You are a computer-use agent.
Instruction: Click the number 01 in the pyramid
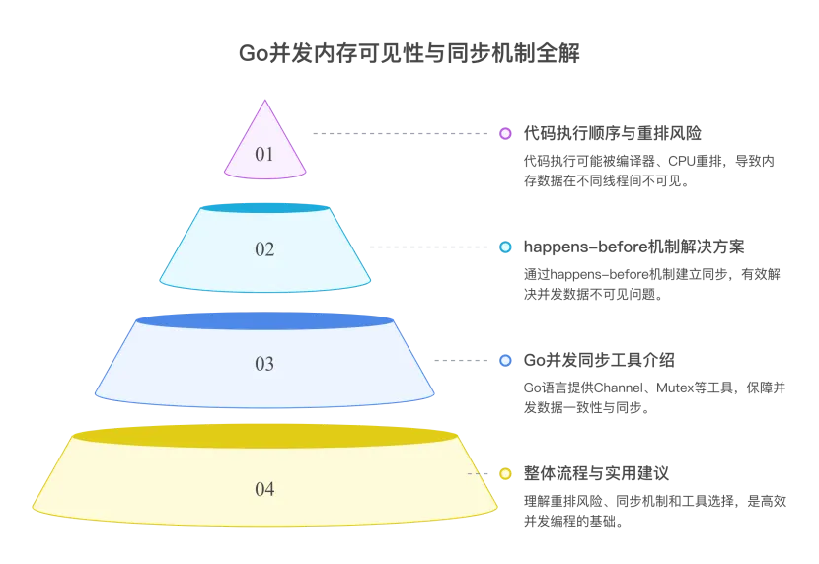pos(264,154)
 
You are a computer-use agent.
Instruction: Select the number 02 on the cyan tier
pos(264,249)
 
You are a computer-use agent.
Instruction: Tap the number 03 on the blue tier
pos(264,364)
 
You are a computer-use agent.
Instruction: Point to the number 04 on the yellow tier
pos(264,489)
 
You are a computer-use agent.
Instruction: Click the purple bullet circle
pos(505,133)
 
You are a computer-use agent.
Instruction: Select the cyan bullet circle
pos(505,247)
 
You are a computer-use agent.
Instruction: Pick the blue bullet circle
pos(505,361)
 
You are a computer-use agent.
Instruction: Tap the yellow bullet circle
pos(505,474)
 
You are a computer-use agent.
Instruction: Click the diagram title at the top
pos(409,51)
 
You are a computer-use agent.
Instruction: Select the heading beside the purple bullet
pos(612,131)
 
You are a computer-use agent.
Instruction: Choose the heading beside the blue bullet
pos(599,360)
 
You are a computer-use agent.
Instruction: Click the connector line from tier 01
pos(395,132)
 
